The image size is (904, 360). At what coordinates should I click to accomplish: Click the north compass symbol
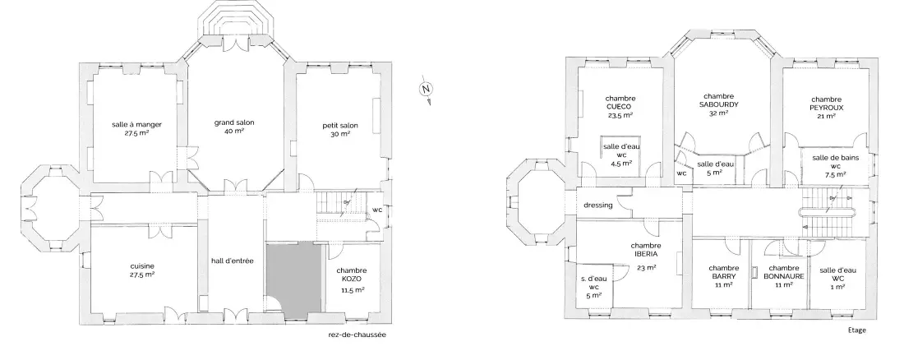coord(426,90)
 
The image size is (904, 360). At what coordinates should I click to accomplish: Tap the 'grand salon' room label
coord(235,122)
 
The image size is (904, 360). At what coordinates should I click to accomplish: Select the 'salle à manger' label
coord(136,124)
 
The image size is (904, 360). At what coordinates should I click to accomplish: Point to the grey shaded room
coord(294,277)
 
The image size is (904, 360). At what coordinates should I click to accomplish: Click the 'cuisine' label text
coord(142,266)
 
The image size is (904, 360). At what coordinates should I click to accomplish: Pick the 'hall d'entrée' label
coord(233,261)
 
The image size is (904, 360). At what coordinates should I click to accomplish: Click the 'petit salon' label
coord(341,125)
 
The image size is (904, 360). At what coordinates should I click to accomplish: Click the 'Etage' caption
coord(857,330)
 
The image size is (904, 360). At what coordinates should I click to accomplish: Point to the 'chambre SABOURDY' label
coord(719,100)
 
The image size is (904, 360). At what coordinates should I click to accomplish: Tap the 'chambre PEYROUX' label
coord(826,104)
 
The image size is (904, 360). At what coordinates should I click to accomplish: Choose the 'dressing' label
coord(597,205)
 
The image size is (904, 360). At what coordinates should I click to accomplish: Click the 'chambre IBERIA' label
coord(644,249)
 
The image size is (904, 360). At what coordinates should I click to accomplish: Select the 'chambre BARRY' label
coord(723,272)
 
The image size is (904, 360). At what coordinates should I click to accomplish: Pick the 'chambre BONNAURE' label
coord(783,272)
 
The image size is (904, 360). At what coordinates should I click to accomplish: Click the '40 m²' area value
coord(235,131)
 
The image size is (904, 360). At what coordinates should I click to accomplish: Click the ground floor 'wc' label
coord(377,210)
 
